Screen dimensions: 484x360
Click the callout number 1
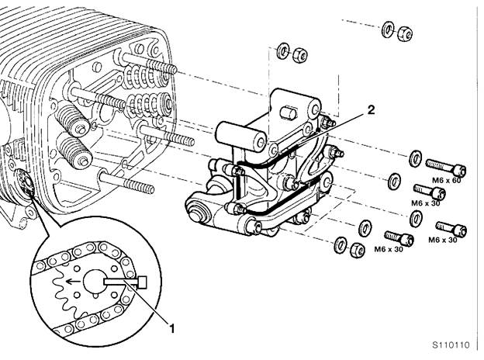tap(172, 329)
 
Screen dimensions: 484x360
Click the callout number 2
tap(371, 110)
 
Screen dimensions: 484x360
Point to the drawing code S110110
tap(451, 345)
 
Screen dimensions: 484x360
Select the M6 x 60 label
tap(446, 180)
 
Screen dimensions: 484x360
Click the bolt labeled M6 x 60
tap(446, 167)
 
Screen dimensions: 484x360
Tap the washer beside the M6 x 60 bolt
tap(416, 158)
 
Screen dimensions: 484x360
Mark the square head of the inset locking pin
tap(142, 282)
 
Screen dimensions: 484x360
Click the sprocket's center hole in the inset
tap(94, 282)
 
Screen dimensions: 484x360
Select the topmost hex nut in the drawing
tap(405, 33)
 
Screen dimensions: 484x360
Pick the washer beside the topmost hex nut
tap(388, 29)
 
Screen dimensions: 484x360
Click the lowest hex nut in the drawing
tap(358, 249)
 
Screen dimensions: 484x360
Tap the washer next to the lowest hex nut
tap(341, 245)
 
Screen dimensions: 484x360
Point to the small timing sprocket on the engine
tap(23, 183)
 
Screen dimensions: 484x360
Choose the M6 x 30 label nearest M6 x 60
tap(425, 202)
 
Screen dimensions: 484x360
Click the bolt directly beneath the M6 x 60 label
tap(430, 192)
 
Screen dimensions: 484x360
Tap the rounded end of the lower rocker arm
tap(196, 209)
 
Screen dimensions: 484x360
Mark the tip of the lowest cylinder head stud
tap(151, 189)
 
